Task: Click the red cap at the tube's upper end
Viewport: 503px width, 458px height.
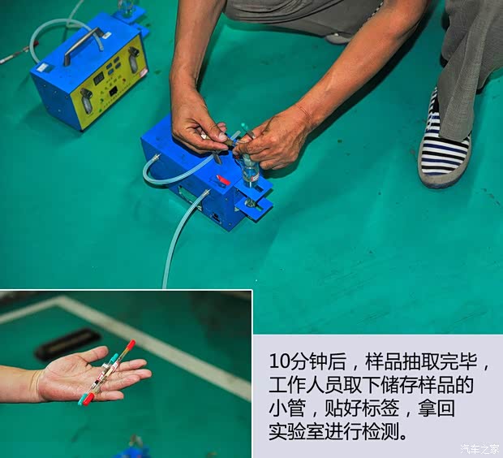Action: tap(131, 344)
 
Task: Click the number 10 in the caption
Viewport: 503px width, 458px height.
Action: tap(277, 360)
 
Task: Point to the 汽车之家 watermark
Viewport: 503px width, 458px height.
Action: tap(480, 449)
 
